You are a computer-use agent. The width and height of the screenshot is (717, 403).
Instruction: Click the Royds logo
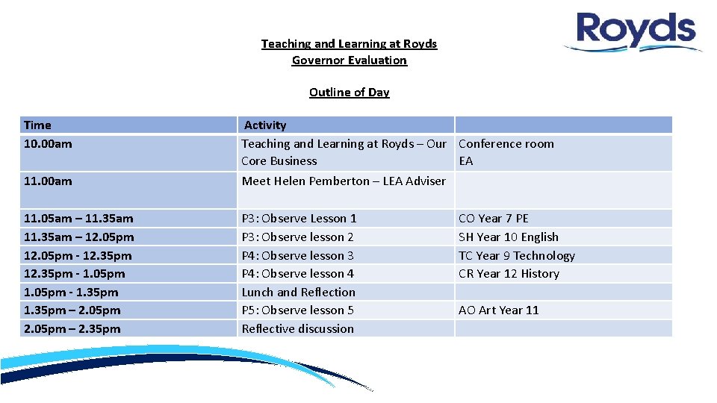(635, 31)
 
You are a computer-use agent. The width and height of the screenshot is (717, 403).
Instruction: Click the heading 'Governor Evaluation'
(349, 60)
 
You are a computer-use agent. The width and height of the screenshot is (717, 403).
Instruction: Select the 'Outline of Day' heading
(349, 93)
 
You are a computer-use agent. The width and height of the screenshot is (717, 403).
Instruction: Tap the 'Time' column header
(37, 125)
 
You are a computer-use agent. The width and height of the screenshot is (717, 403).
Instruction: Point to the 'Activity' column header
(265, 125)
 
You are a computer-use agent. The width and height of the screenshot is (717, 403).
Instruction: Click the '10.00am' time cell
(48, 144)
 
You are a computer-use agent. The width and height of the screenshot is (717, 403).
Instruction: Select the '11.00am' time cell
(48, 181)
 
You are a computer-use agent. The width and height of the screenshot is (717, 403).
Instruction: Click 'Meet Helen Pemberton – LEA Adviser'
(344, 181)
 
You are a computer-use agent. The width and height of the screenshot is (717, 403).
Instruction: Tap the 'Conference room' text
(506, 144)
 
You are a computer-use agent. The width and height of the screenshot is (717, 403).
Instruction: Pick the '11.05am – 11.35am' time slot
(78, 219)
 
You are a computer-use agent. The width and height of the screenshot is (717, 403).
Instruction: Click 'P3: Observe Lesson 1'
(299, 219)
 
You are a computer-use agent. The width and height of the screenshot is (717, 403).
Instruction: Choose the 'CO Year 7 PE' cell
(493, 219)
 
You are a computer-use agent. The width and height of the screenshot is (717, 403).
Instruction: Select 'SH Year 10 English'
(508, 237)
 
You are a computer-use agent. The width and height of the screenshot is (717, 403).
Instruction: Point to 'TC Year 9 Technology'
(516, 255)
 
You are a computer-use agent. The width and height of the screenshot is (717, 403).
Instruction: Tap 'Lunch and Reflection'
(298, 293)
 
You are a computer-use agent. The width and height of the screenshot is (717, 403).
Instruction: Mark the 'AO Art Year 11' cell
(498, 310)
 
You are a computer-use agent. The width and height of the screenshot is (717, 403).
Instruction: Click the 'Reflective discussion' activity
(297, 329)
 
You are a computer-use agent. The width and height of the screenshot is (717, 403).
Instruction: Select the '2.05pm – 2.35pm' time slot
(72, 329)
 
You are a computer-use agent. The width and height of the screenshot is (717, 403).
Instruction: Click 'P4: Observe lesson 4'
(297, 274)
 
